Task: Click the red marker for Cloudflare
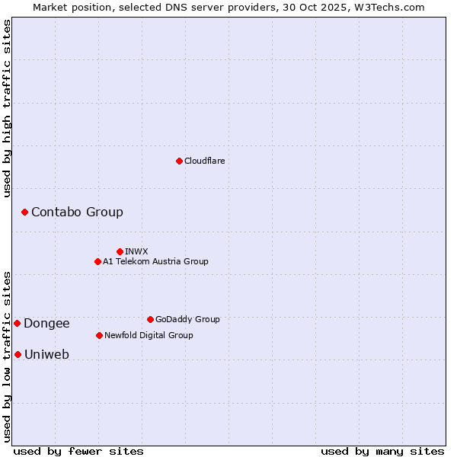pyautogui.click(x=179, y=161)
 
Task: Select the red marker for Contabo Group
pyautogui.click(x=24, y=212)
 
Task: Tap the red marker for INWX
pyautogui.click(x=120, y=251)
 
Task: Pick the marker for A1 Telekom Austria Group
pyautogui.click(x=97, y=261)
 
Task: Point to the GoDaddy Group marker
pyautogui.click(x=150, y=319)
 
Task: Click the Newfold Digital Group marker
pyautogui.click(x=99, y=335)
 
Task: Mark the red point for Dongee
pyautogui.click(x=17, y=323)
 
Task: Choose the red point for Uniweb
pyautogui.click(x=18, y=354)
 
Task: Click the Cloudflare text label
pyautogui.click(x=205, y=161)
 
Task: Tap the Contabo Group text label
pyautogui.click(x=77, y=212)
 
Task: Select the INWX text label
pyautogui.click(x=136, y=251)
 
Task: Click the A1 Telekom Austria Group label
pyautogui.click(x=155, y=261)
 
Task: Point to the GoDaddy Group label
pyautogui.click(x=187, y=319)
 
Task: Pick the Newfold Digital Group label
pyautogui.click(x=149, y=335)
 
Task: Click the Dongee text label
pyautogui.click(x=46, y=323)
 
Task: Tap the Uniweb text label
pyautogui.click(x=46, y=354)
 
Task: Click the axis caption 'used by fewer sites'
pyautogui.click(x=78, y=451)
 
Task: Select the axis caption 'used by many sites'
pyautogui.click(x=382, y=451)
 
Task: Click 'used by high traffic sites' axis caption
pyautogui.click(x=7, y=108)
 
